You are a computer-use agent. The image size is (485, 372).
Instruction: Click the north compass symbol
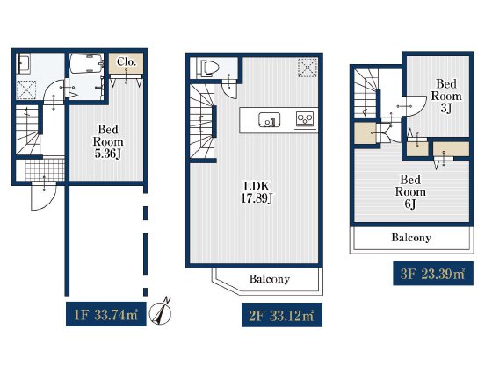tap(160, 312)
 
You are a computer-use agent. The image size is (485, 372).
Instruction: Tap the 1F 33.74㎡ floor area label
tap(106, 314)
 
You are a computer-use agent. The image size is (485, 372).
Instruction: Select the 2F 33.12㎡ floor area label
tap(282, 315)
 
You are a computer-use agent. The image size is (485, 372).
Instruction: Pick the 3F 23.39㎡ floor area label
tap(433, 274)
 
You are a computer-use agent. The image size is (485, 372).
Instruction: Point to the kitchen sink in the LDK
tap(270, 120)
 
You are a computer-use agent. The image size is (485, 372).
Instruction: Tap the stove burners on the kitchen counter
tap(305, 118)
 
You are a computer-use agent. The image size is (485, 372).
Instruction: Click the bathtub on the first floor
tap(86, 64)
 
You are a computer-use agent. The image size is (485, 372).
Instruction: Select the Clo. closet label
tap(127, 61)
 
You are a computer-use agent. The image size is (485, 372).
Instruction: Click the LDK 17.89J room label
tap(257, 192)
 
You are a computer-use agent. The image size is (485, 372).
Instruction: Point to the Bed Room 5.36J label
tap(108, 141)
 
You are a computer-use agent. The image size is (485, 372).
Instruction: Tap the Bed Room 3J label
tap(446, 96)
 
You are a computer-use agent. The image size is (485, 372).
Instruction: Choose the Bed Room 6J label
tap(410, 192)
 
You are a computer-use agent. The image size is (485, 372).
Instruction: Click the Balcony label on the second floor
tap(270, 279)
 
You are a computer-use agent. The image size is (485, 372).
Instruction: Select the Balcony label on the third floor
tap(411, 237)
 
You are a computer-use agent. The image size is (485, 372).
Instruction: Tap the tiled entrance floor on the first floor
tap(45, 169)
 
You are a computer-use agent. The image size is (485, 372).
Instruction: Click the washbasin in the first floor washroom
tap(24, 64)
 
